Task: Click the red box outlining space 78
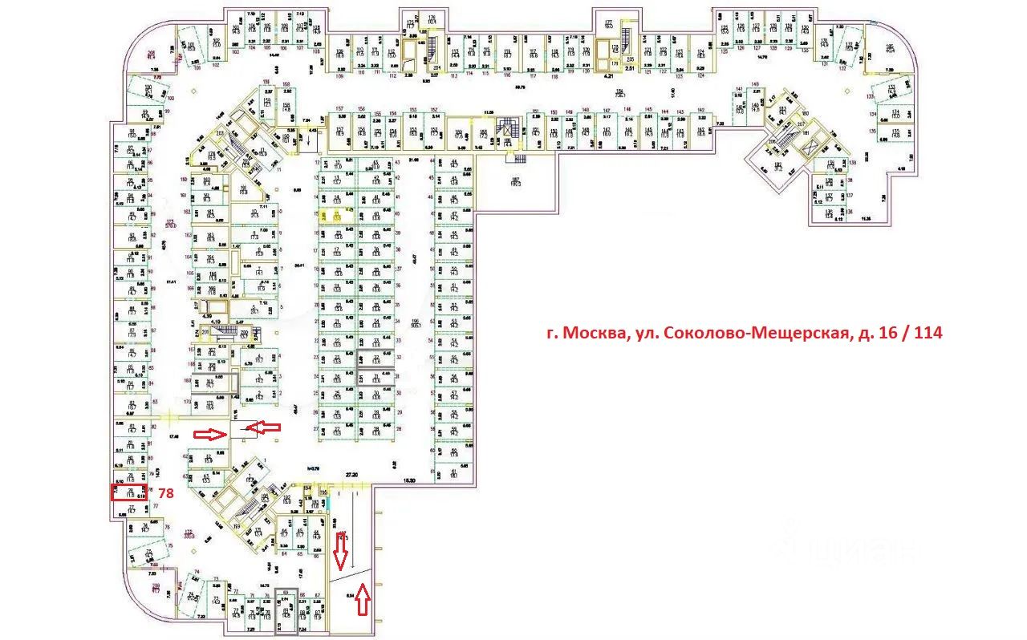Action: coord(127,492)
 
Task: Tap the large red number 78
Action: coord(165,494)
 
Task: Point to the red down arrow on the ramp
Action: coord(340,549)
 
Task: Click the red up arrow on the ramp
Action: coord(363,599)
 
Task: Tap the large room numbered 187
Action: coord(518,181)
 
